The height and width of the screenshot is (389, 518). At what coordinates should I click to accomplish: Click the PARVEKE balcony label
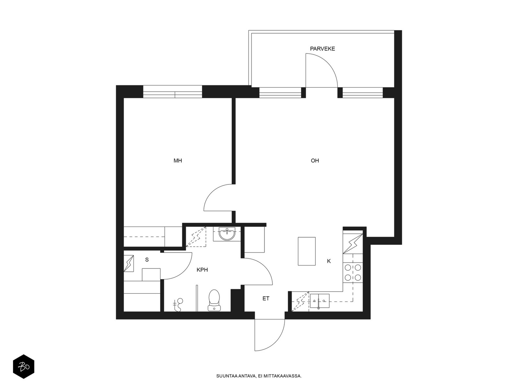pyautogui.click(x=322, y=49)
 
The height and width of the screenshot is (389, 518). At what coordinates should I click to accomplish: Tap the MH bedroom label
pyautogui.click(x=178, y=160)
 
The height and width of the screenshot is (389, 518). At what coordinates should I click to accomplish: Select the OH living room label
pyautogui.click(x=315, y=160)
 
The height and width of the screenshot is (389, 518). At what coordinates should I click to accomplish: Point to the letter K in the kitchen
pyautogui.click(x=329, y=261)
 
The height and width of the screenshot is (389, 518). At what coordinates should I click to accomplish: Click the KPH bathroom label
pyautogui.click(x=202, y=270)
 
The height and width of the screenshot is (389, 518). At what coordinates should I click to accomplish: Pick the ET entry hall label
pyautogui.click(x=266, y=299)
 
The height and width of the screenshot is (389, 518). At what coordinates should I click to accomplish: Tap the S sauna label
pyautogui.click(x=147, y=260)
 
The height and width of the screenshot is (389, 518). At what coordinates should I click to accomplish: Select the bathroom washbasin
pyautogui.click(x=227, y=234)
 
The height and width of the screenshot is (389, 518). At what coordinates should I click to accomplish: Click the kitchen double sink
pyautogui.click(x=320, y=301)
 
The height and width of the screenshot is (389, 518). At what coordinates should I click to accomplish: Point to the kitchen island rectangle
pyautogui.click(x=307, y=251)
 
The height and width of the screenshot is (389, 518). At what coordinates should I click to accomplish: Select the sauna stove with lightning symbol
pyautogui.click(x=129, y=263)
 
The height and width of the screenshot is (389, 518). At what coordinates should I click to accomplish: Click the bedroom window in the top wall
pyautogui.click(x=173, y=91)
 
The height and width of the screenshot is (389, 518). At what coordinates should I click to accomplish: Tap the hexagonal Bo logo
pyautogui.click(x=24, y=367)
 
